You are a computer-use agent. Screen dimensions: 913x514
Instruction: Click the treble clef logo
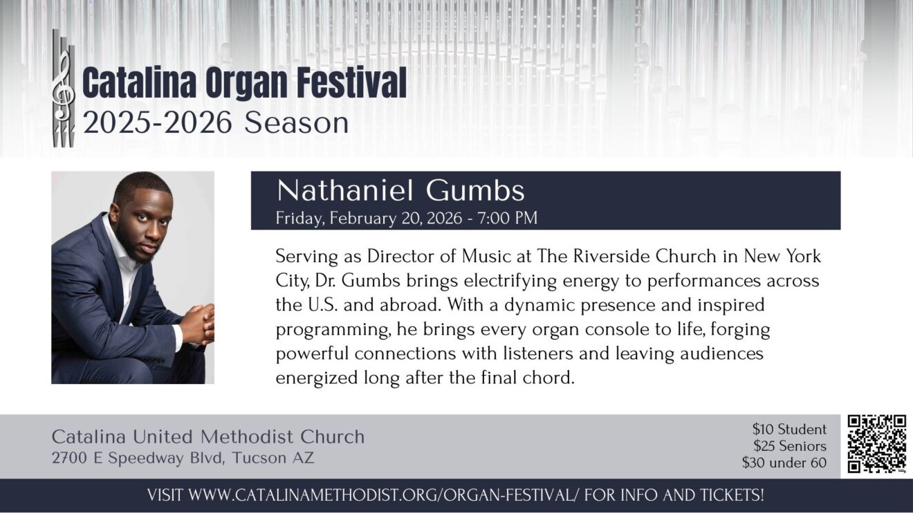(63, 88)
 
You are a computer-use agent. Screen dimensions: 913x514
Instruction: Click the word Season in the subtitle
(297, 123)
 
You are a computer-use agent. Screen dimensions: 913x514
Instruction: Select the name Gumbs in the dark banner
(475, 191)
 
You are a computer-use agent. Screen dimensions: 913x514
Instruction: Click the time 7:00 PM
(508, 218)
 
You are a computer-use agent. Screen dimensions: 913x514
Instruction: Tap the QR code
(877, 444)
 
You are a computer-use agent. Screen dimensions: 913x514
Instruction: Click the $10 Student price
(789, 429)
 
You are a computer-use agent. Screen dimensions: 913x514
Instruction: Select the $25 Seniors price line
(790, 446)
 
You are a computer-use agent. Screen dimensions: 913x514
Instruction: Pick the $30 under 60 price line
(784, 463)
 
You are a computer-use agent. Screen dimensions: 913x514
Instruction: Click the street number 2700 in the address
(70, 458)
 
